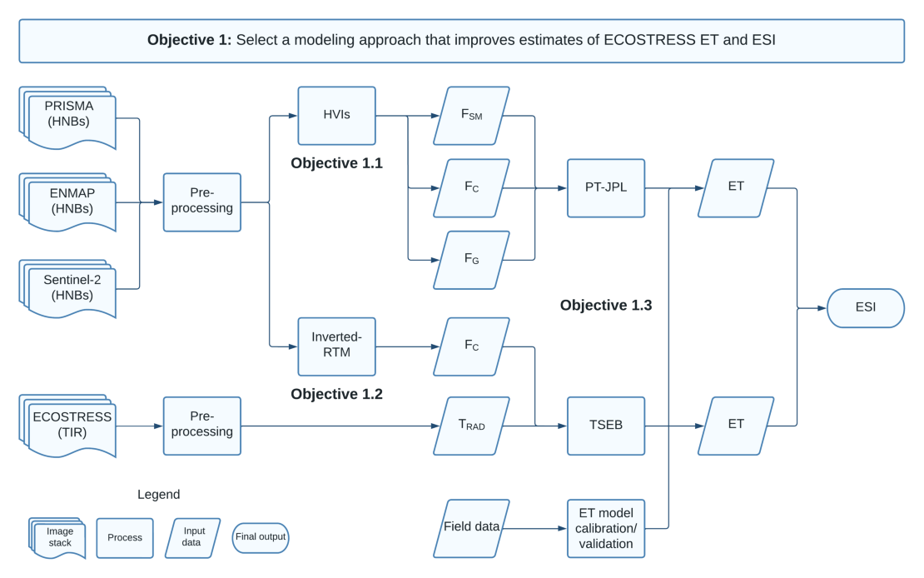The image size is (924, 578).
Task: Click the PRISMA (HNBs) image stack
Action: pyautogui.click(x=70, y=117)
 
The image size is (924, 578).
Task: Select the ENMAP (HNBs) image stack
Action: pyautogui.click(x=70, y=203)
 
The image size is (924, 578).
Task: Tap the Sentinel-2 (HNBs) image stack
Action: pyautogui.click(x=70, y=288)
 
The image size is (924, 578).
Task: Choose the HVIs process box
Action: pyautogui.click(x=336, y=115)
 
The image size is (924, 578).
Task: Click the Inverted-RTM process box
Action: pyautogui.click(x=336, y=346)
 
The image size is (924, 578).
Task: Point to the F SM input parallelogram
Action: pyautogui.click(x=471, y=115)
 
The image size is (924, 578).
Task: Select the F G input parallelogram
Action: pyautogui.click(x=471, y=260)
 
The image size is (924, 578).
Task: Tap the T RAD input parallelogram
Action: pyautogui.click(x=471, y=426)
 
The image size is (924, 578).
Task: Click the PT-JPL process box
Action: pyautogui.click(x=606, y=188)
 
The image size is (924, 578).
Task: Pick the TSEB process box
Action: pyautogui.click(x=606, y=426)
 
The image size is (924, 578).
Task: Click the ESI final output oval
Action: pyautogui.click(x=865, y=308)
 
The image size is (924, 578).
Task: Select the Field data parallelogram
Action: pyautogui.click(x=471, y=528)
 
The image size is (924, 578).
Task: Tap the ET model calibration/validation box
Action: pyautogui.click(x=606, y=528)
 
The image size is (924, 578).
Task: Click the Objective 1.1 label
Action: pyautogui.click(x=336, y=163)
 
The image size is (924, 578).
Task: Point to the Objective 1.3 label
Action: pyautogui.click(x=605, y=306)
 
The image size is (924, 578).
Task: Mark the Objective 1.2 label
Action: pyautogui.click(x=336, y=394)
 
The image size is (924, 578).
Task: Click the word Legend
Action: pyautogui.click(x=158, y=495)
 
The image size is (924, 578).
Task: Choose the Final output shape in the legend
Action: pyautogui.click(x=260, y=537)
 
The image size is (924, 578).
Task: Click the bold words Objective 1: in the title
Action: pyautogui.click(x=189, y=40)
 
